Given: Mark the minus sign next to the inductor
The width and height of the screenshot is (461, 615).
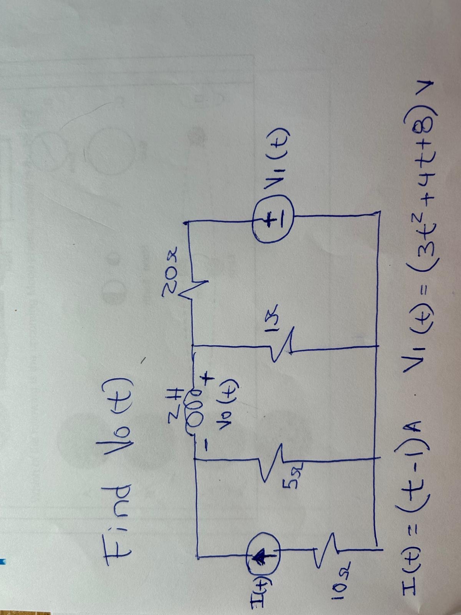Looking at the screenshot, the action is coord(206,446).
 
